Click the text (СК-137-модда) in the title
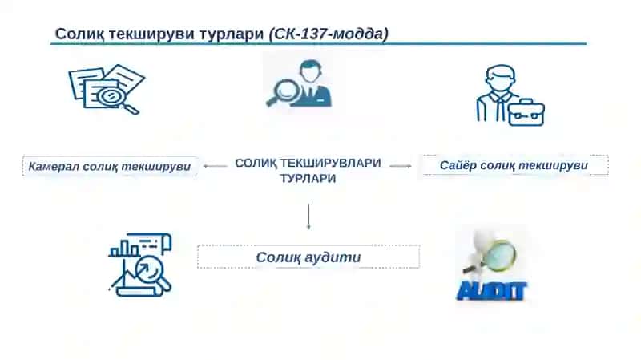[329, 34]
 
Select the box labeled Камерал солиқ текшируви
[110, 167]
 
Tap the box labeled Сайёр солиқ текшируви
[515, 165]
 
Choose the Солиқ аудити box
[308, 257]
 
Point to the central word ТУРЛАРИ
[308, 178]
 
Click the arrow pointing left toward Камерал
[215, 166]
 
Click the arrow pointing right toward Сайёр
[401, 166]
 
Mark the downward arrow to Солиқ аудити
[308, 216]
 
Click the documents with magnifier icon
[107, 90]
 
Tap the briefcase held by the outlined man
[527, 112]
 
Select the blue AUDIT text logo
[492, 291]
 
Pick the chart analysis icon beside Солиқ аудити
[140, 265]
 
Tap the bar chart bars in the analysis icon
[125, 249]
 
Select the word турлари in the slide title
[231, 34]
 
